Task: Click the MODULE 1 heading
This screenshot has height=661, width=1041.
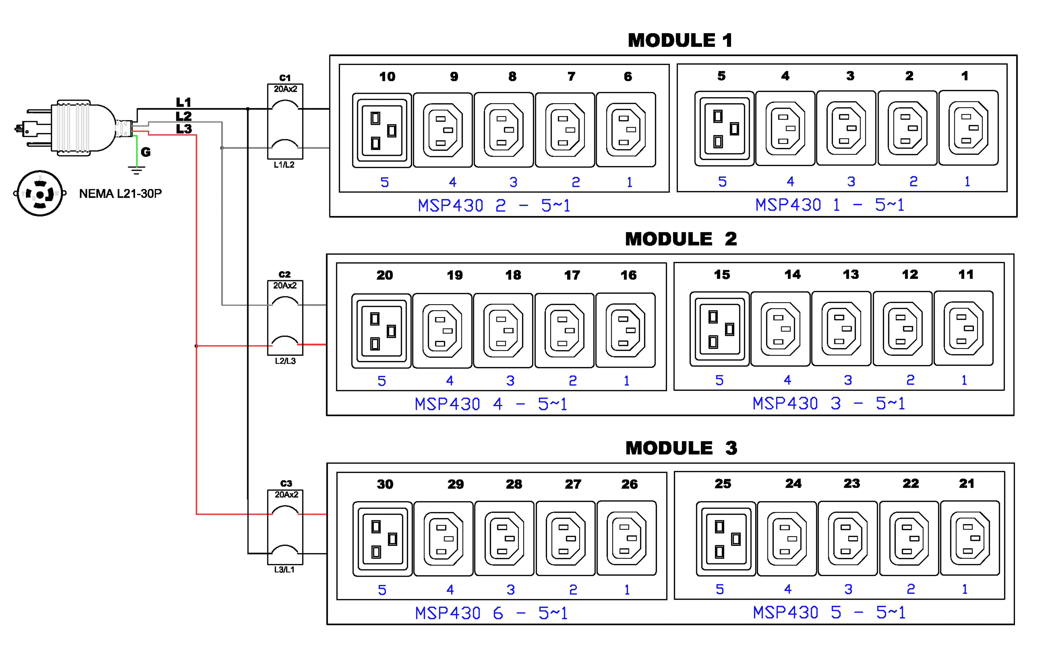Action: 680,41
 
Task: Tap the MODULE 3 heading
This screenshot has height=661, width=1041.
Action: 681,448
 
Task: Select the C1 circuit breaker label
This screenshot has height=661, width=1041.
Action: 285,78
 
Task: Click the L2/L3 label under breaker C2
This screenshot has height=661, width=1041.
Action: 285,361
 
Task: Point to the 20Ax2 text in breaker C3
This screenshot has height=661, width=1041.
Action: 286,494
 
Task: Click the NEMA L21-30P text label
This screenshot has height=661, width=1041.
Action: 120,194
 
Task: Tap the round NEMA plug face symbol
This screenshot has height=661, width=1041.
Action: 40,193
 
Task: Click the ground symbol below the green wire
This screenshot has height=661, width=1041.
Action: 137,170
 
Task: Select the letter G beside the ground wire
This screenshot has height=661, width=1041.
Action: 146,152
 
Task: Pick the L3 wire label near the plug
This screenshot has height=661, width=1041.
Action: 184,129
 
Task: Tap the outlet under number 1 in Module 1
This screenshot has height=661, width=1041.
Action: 968,128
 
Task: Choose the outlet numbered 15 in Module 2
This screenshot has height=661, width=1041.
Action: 719,329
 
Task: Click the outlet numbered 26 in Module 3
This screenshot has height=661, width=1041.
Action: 626,538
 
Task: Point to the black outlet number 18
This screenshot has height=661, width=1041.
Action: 513,275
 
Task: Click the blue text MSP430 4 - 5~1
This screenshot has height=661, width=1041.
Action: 491,404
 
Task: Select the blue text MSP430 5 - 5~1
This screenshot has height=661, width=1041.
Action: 829,612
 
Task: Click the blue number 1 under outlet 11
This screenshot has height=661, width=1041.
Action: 964,380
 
